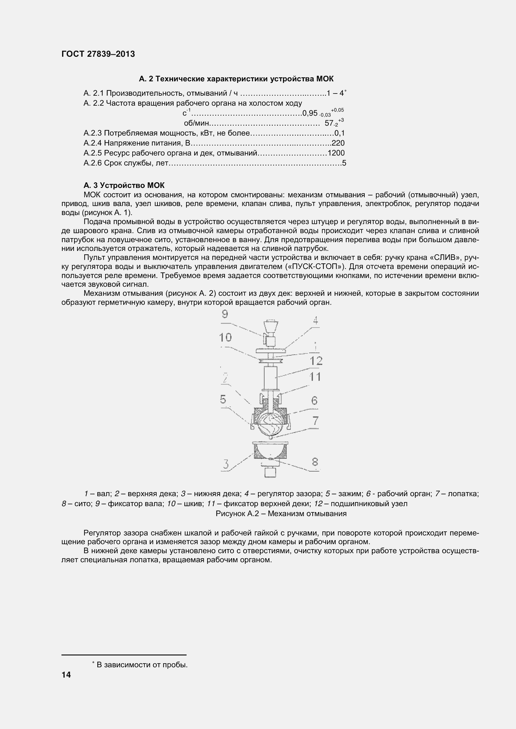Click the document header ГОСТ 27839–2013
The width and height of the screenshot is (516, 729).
pos(98,54)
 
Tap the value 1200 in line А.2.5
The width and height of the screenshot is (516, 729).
pos(336,153)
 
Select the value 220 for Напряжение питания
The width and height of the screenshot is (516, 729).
pos(338,143)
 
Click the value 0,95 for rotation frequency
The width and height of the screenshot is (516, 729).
pos(310,113)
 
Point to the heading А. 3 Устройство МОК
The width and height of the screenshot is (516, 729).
pos(124,185)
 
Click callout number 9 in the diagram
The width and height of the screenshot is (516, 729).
pos(225,314)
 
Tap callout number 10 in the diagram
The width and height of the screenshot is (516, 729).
pos(225,337)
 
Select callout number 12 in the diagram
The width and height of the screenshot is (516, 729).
pos(316,361)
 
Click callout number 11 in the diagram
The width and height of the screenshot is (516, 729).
pos(315,377)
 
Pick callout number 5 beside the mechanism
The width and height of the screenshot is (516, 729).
pos(223,400)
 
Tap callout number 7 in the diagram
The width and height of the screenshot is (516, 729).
pos(315,421)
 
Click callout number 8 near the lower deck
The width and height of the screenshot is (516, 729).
pos(314,462)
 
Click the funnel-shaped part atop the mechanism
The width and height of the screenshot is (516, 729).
pos(270,327)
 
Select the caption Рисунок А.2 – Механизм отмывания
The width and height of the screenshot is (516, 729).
pos(281,513)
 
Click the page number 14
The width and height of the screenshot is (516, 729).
pos(66,675)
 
